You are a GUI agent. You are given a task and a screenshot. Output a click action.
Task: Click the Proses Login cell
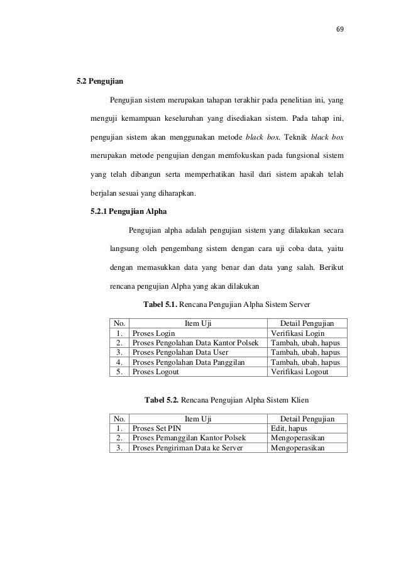coord(153,333)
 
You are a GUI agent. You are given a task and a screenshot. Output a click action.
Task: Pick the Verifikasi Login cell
coord(297,333)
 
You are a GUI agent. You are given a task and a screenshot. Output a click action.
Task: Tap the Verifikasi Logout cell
coord(299,372)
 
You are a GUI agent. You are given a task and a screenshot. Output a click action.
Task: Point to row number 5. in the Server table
coord(118,372)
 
